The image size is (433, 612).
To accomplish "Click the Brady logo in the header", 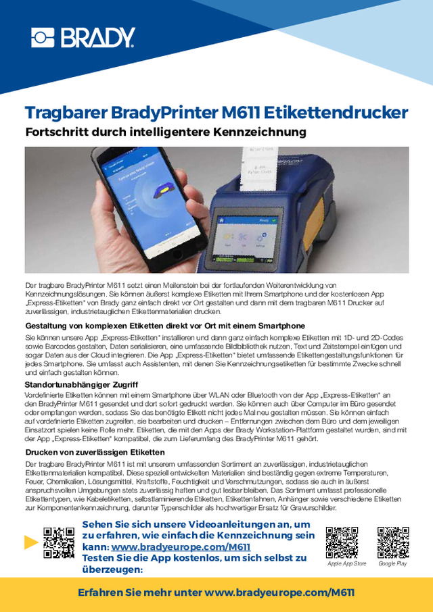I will [83, 38].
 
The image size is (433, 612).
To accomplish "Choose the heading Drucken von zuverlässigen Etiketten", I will [95, 451].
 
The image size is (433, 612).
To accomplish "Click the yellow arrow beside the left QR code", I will [30, 541].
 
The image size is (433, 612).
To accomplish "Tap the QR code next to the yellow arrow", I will [58, 542].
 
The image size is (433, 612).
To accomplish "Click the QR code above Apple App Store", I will [342, 541].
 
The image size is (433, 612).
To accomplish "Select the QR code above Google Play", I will [392, 541].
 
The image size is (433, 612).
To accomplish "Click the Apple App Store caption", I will [346, 563].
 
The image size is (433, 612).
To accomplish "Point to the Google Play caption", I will [392, 563].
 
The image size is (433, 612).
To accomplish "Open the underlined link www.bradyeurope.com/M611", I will [181, 547].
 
